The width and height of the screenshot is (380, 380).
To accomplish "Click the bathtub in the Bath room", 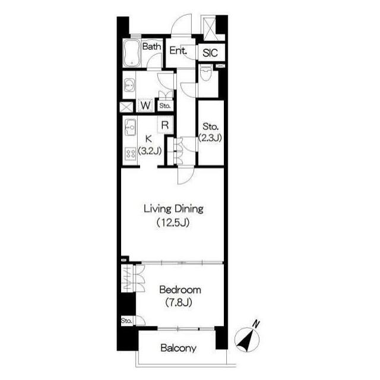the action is pos(132,53).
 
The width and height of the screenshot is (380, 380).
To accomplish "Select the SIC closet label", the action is pos(210,53).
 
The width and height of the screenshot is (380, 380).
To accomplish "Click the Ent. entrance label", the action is pos(178,50).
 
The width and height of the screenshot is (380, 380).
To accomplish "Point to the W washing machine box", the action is pos(145,106).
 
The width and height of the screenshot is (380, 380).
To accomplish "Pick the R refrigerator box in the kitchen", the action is pos(165,125).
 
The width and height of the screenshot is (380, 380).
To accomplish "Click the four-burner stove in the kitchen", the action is pos(131,154).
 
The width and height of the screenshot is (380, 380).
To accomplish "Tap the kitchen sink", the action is pos(130,127).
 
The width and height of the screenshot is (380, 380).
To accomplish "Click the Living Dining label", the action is pos(173,209).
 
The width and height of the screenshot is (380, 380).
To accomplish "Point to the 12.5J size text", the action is pos(173,223).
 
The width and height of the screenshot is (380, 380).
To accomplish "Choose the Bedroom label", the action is pos(180,290).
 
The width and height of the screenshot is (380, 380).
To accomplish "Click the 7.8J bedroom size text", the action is pos(179,302).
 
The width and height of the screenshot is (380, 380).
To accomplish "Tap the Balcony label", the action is pos(178,348).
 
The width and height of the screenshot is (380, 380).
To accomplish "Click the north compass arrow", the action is pos(246,340).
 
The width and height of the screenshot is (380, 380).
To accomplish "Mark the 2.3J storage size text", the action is pos(210,138).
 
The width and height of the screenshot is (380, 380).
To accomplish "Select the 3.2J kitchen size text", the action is pos(150,151).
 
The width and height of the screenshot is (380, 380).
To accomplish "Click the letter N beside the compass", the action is pos(256,324).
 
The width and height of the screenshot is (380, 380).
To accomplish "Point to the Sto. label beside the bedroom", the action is pos(126,321).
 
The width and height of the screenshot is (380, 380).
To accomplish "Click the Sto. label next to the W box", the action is pos(165,106).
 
